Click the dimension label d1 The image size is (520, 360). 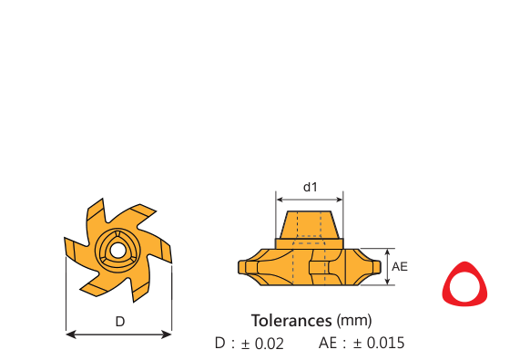coord(310,187)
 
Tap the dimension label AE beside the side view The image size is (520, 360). coord(400,266)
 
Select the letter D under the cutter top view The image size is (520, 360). coord(120,322)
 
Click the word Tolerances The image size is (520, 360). coord(291,321)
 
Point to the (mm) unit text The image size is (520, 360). coord(354,321)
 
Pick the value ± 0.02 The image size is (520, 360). coord(262,344)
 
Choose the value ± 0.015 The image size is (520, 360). coord(379,343)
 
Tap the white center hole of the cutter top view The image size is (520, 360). coord(117,251)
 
